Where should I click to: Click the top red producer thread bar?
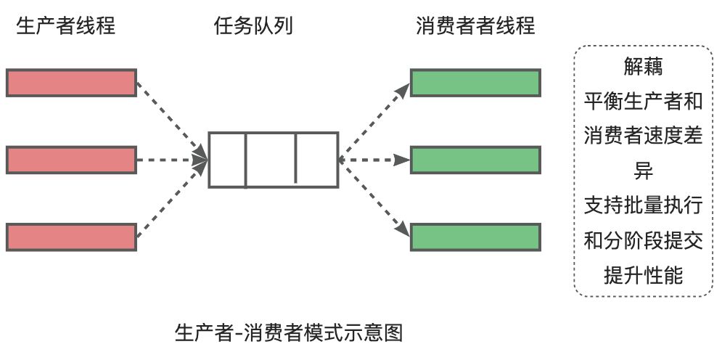[71, 83]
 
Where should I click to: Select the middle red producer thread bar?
[71, 160]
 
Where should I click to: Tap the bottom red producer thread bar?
[71, 237]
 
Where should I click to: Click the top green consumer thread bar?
[475, 83]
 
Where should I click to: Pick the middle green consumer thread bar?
[475, 160]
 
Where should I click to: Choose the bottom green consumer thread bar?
[475, 237]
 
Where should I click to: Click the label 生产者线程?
[65, 27]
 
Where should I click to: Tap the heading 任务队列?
[254, 27]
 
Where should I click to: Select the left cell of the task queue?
[228, 160]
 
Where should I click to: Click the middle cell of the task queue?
[271, 160]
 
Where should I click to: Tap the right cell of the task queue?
[316, 160]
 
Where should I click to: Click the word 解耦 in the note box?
[643, 67]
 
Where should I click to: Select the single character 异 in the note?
[643, 171]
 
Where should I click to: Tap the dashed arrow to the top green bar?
[374, 120]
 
